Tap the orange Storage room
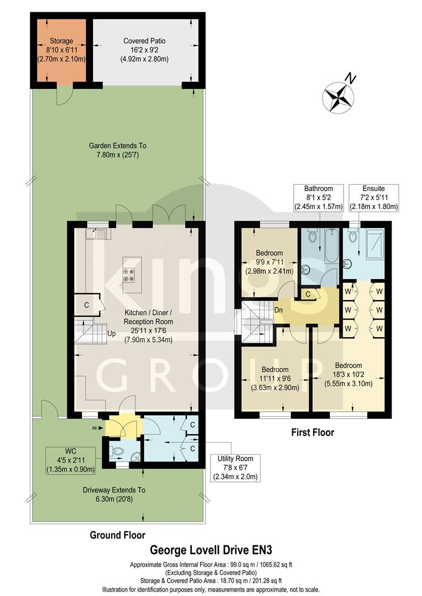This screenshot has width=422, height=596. click(x=61, y=51)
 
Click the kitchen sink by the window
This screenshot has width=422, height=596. click(x=98, y=233)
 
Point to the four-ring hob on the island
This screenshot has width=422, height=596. click(x=130, y=274)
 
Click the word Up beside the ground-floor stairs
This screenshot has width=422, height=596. click(x=111, y=334)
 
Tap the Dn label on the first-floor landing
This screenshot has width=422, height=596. click(x=279, y=310)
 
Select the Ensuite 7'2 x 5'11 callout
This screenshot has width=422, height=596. click(x=374, y=198)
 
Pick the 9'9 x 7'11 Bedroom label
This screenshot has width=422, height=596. click(x=270, y=262)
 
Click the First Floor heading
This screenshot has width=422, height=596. click(x=313, y=433)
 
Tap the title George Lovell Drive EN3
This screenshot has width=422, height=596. click(x=212, y=550)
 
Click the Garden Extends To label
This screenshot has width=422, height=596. click(x=118, y=151)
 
